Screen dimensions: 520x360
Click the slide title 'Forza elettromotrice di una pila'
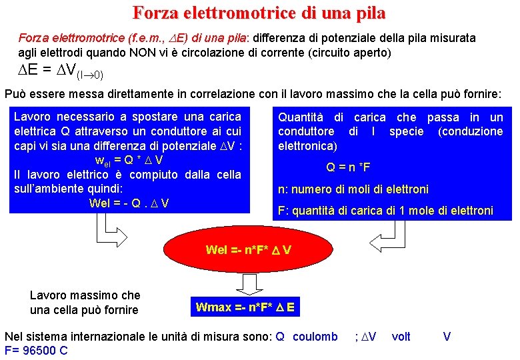point(259,13)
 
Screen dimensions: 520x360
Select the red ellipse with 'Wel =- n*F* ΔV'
point(248,250)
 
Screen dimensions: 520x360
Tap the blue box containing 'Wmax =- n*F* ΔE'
point(245,307)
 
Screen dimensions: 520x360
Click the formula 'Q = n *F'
point(348,167)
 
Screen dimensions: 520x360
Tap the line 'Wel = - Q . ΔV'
point(128,203)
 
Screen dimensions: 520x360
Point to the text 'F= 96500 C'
point(36,350)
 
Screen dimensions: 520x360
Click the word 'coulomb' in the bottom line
point(315,337)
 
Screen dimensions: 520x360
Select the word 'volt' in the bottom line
point(401,337)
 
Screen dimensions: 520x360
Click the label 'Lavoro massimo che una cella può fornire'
point(85,302)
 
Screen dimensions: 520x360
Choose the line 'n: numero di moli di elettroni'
point(353,189)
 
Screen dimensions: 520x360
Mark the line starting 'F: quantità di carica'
point(385,211)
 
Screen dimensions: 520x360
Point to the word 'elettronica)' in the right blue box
point(307,145)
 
